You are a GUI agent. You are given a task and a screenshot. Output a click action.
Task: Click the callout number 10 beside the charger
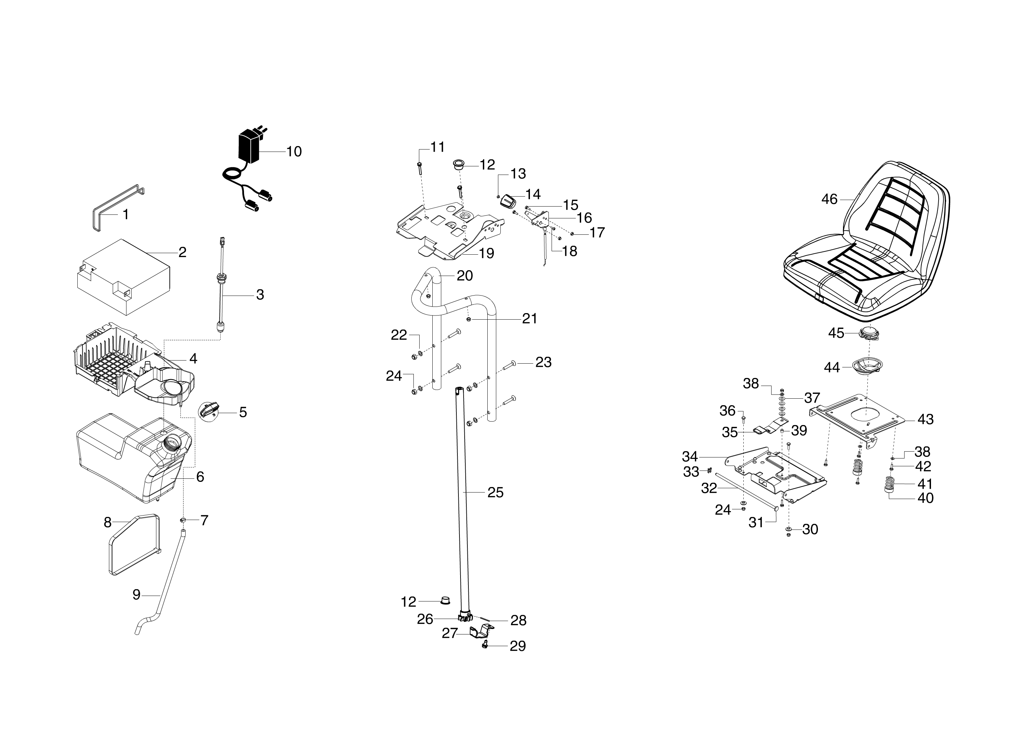[x=294, y=152]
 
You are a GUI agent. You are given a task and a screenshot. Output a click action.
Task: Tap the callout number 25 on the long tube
[x=495, y=493]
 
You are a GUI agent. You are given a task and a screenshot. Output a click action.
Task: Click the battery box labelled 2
[x=124, y=276]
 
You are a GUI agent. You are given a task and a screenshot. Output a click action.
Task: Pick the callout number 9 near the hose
[x=137, y=595]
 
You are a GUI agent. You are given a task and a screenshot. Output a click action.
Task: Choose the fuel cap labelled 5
[x=209, y=410]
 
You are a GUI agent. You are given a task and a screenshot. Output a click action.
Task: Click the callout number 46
[x=829, y=199]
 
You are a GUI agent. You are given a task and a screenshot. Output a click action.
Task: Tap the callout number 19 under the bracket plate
[x=486, y=254]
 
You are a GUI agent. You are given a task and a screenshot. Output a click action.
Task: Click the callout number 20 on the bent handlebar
[x=465, y=276]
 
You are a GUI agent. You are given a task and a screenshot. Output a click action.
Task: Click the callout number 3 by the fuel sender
[x=260, y=295]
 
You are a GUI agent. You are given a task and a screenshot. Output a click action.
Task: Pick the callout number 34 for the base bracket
[x=690, y=457]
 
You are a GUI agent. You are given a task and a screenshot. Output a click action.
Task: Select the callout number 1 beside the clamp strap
[x=126, y=214]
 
